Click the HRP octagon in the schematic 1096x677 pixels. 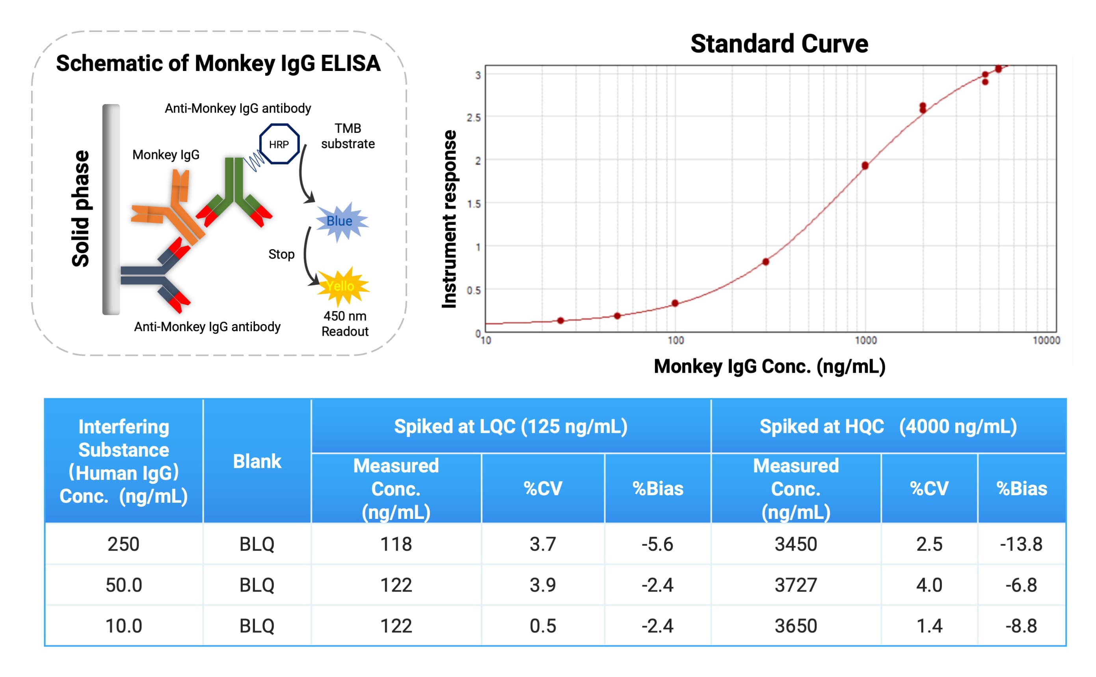pos(279,144)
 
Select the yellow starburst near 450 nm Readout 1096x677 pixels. pos(342,286)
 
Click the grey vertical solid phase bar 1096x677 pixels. pos(111,209)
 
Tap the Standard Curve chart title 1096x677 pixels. pos(779,44)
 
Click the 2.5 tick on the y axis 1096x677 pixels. pos(473,118)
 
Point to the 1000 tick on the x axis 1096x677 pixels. pos(865,340)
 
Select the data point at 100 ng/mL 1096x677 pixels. pos(675,303)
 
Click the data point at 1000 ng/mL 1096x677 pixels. pos(865,166)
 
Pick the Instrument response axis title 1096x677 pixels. pos(449,219)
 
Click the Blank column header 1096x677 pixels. pos(257,461)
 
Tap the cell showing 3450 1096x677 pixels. pos(795,544)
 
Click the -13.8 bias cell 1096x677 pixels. pos(1021,544)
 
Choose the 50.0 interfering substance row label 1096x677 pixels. pos(123,585)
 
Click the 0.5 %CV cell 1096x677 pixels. pos(542,625)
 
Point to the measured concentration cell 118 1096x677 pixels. pos(396,544)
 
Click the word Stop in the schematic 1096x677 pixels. pos(281,254)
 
